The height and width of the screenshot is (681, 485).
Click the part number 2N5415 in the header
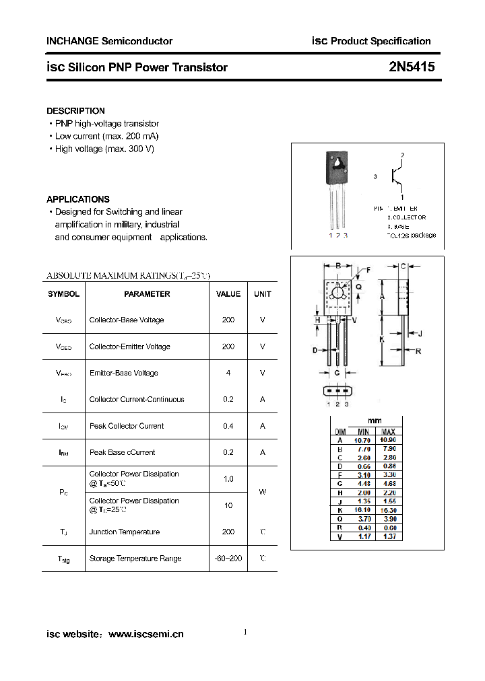[x=412, y=67]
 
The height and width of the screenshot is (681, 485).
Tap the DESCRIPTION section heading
[x=75, y=110]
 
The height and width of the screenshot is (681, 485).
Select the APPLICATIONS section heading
[x=77, y=199]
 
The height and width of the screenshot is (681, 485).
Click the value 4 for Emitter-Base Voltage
[x=228, y=373]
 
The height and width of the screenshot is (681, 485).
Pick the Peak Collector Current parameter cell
[x=127, y=426]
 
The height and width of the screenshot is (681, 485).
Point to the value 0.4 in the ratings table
[x=228, y=426]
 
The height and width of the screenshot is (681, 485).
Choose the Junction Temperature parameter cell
[x=125, y=532]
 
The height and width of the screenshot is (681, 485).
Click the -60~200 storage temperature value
[x=228, y=559]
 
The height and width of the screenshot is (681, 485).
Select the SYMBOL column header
[x=63, y=294]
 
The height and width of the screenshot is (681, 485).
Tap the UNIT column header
[x=262, y=294]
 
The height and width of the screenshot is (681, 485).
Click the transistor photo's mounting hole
[x=337, y=162]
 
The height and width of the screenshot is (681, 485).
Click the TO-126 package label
[x=412, y=235]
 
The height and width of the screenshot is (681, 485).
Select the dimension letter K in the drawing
[x=381, y=339]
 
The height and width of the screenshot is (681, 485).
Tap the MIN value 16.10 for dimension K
[x=362, y=510]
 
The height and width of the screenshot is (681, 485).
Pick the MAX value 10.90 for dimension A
[x=389, y=440]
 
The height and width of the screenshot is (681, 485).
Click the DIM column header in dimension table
[x=340, y=431]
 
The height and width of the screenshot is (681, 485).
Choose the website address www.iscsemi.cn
[x=145, y=634]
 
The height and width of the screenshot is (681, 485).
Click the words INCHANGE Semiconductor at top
[x=109, y=41]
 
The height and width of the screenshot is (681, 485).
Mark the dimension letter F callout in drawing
[x=368, y=270]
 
